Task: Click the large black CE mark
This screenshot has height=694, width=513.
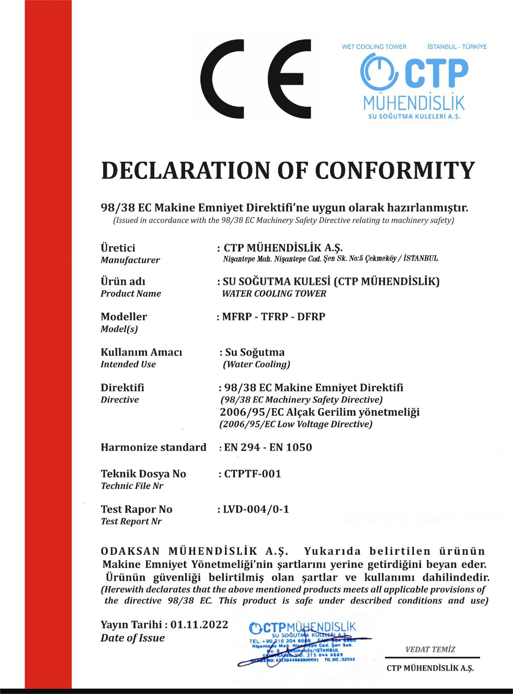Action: (x=256, y=79)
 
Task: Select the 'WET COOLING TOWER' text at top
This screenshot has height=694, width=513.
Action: (x=374, y=47)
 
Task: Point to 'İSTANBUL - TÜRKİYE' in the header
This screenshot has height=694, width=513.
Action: (x=457, y=47)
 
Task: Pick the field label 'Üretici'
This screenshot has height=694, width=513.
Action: (x=118, y=248)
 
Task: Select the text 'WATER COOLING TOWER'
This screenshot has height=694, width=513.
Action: (x=274, y=294)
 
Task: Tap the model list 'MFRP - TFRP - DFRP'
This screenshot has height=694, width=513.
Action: (x=274, y=317)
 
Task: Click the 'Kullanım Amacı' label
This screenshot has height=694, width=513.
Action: (x=141, y=352)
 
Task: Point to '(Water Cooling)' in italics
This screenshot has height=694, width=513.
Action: (x=256, y=364)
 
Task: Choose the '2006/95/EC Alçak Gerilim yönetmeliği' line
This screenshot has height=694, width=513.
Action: (x=320, y=412)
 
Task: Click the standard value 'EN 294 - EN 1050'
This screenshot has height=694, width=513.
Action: (x=268, y=448)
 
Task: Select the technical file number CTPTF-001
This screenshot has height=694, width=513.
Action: (x=252, y=474)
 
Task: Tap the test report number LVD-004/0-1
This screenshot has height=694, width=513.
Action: (x=256, y=509)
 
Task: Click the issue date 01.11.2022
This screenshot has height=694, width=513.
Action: (x=199, y=625)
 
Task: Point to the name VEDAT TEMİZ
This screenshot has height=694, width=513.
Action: (x=430, y=649)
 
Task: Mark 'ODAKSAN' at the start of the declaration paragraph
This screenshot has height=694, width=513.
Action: (x=131, y=551)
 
